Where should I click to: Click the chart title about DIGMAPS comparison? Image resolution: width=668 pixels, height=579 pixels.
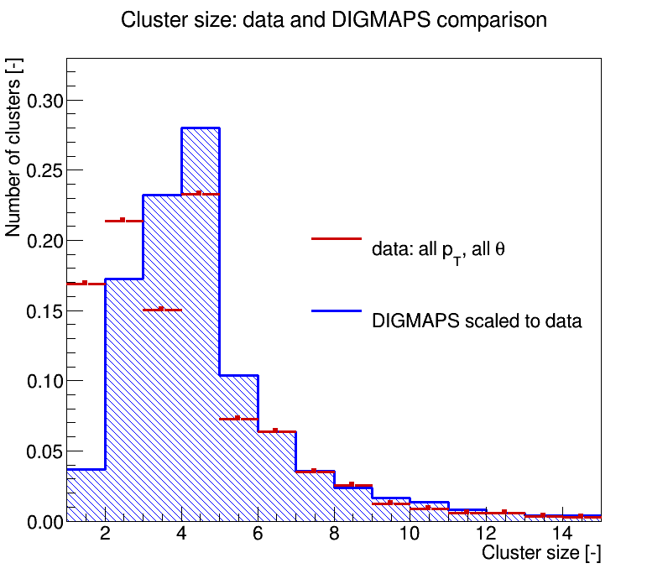[x=333, y=20]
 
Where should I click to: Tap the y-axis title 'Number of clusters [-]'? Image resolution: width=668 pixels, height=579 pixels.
[x=13, y=148]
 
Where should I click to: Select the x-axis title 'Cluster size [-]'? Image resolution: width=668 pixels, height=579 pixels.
[x=541, y=553]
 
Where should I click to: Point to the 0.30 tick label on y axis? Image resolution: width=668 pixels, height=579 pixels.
[x=44, y=101]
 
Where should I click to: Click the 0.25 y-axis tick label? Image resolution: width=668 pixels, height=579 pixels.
[x=44, y=171]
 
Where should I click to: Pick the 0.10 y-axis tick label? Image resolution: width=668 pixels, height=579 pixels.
[x=44, y=381]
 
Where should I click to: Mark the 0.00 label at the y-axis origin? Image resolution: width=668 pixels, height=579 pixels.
[x=44, y=522]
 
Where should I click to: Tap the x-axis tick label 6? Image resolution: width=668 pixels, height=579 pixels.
[x=258, y=534]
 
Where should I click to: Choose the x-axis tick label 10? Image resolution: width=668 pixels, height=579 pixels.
[x=410, y=534]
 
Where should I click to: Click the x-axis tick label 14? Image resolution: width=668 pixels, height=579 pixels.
[x=562, y=534]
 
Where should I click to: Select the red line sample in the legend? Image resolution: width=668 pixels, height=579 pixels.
[x=337, y=238]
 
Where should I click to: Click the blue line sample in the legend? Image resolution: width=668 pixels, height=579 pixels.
[x=337, y=311]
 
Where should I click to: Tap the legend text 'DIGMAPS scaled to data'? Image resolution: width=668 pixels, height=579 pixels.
[x=477, y=321]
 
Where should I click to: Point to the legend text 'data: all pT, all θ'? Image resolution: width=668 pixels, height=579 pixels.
[x=438, y=251]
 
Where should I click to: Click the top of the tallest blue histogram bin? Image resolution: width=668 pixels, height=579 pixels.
[x=201, y=128]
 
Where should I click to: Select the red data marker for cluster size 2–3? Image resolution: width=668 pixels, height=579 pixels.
[x=124, y=221]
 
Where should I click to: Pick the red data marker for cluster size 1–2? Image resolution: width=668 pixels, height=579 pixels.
[x=86, y=284]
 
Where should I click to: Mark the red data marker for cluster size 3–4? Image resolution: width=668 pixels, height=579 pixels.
[x=162, y=310]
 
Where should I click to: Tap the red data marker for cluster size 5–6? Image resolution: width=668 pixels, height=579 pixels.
[x=238, y=419]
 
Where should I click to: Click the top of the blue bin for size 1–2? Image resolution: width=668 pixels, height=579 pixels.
[x=86, y=470]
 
